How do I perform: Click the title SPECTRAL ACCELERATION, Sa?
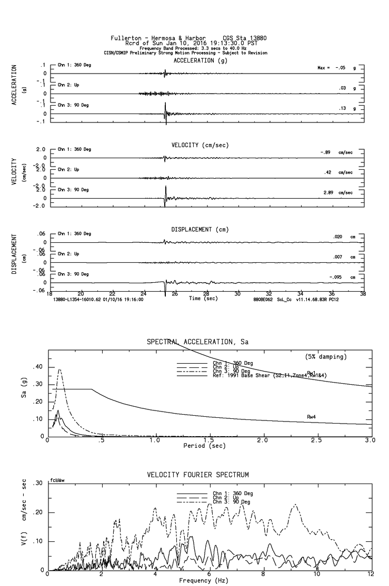coord(198,342)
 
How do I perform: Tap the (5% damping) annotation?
coord(326,357)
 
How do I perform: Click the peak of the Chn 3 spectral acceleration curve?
coord(60,369)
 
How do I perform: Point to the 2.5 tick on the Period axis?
coord(316,440)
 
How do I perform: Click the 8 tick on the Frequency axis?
coord(263,575)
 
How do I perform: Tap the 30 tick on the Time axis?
coord(237,293)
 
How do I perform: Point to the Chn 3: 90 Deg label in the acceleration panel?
coord(73,105)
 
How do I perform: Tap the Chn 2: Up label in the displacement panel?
coord(68,254)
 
